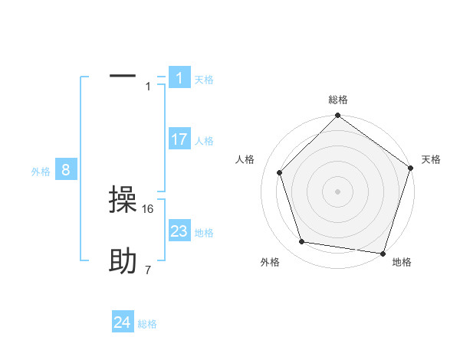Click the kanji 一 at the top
pos(123,76)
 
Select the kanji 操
pos(123,201)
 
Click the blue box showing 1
pos(179,77)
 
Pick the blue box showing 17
pos(179,139)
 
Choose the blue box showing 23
pos(179,231)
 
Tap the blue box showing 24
pos(123,322)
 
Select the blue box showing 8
pos(66,170)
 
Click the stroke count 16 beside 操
pos(149,208)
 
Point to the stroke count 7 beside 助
pos(148,270)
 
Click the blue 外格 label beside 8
pos(41,172)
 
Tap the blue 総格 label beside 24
pos(147,324)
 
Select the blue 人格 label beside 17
pos(204,141)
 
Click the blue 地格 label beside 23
pos(204,233)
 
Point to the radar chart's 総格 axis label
pos(338,100)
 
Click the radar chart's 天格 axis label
pos(432,159)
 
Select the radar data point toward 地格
pos(382,252)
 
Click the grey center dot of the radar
pos(337,191)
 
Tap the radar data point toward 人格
pos(279,172)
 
